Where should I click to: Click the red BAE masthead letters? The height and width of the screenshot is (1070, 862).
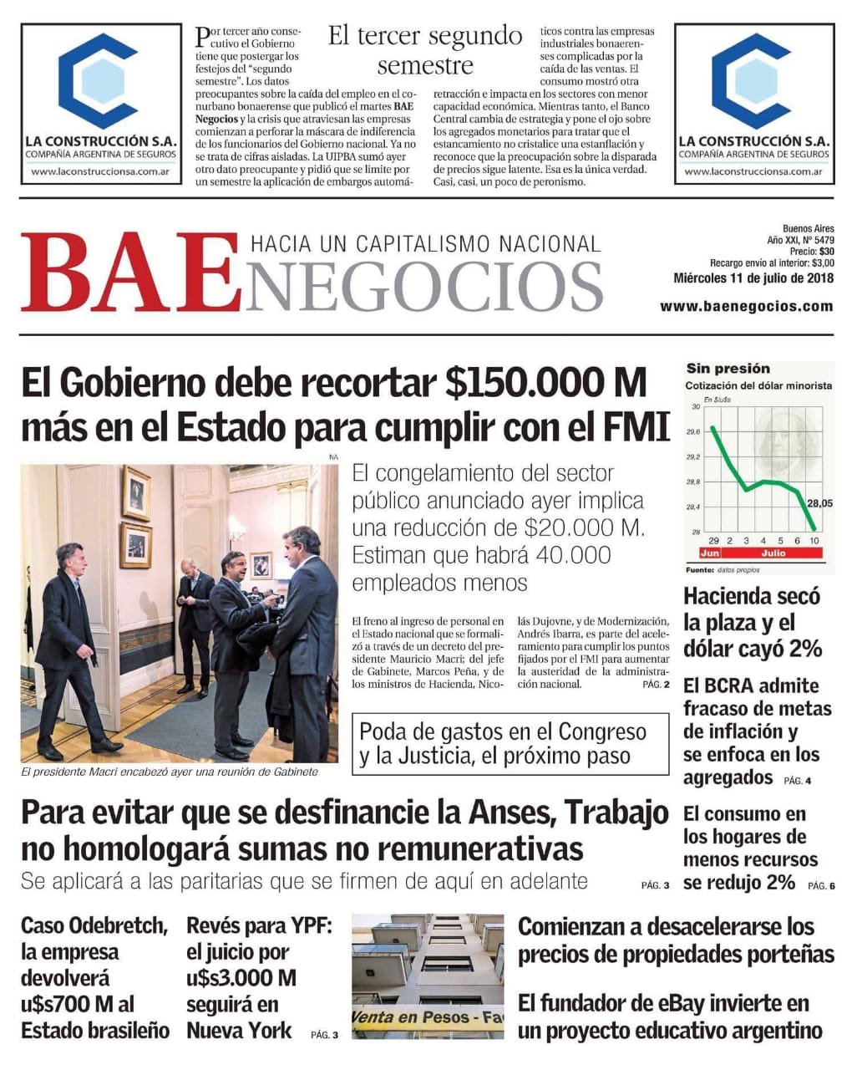pyautogui.click(x=125, y=273)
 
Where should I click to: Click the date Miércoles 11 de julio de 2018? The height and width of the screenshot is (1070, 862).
pyautogui.click(x=753, y=278)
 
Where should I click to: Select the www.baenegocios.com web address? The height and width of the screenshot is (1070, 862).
pyautogui.click(x=746, y=306)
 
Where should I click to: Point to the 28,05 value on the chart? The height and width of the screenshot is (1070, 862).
pyautogui.click(x=820, y=503)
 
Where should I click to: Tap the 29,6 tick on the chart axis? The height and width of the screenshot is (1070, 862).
pyautogui.click(x=693, y=432)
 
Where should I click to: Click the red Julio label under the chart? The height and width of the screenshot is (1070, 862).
pyautogui.click(x=773, y=553)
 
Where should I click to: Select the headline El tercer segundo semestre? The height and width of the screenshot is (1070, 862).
pyautogui.click(x=425, y=50)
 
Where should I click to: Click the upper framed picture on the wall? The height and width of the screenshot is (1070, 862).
pyautogui.click(x=136, y=493)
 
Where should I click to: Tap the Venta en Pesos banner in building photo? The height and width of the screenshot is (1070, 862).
pyautogui.click(x=427, y=1018)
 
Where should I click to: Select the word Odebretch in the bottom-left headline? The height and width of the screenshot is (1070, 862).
pyautogui.click(x=118, y=925)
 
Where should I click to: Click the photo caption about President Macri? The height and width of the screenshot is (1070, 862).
pyautogui.click(x=170, y=772)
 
